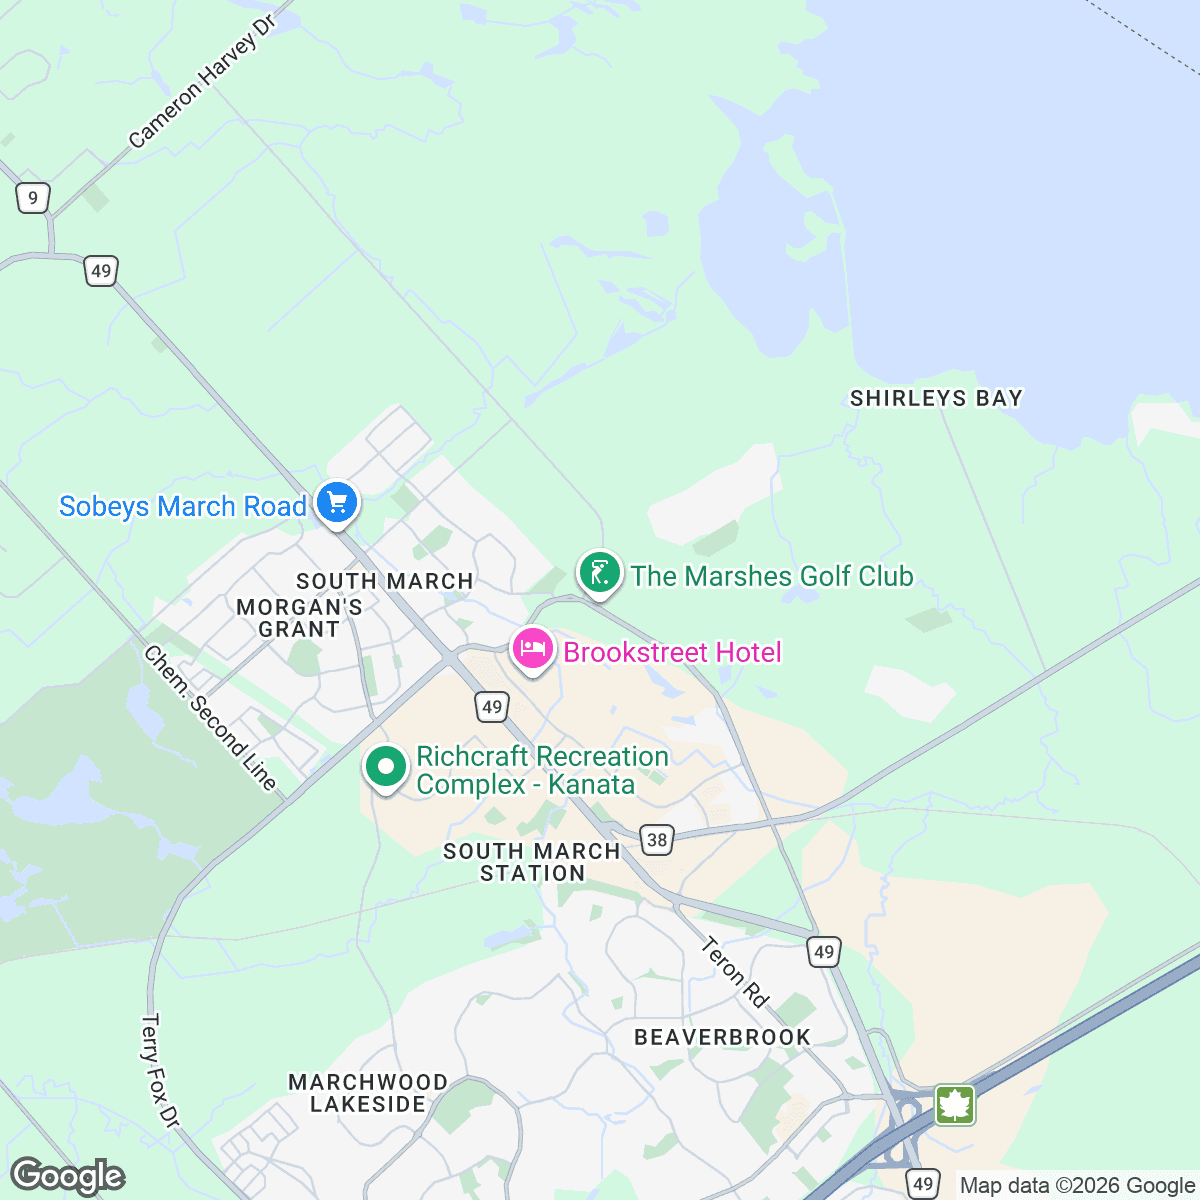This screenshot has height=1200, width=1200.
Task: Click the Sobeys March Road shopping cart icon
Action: (337, 501)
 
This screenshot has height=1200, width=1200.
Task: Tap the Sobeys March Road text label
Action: (183, 507)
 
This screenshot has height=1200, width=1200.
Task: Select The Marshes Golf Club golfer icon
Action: (599, 573)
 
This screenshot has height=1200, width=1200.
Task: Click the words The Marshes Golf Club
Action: (772, 576)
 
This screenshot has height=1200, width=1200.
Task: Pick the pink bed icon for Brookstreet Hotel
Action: (533, 649)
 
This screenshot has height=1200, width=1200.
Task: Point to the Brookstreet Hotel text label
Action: (672, 653)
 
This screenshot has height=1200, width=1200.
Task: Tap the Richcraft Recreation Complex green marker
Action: (386, 767)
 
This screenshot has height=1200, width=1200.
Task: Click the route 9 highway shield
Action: (33, 198)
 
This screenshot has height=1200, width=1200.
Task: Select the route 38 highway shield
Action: (657, 840)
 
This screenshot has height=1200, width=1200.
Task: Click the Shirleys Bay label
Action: (936, 398)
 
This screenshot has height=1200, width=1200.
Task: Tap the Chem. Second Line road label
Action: (210, 717)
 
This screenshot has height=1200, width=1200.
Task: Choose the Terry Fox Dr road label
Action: (159, 1071)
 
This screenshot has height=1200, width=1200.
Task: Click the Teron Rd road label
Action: (735, 971)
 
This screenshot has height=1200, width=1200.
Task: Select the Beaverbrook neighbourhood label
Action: (722, 1037)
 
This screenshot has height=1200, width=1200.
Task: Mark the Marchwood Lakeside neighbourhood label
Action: (368, 1093)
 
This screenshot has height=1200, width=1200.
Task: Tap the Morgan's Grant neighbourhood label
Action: (299, 618)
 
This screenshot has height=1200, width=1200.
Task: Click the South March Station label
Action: (532, 862)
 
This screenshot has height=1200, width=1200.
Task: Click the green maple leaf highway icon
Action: (955, 1105)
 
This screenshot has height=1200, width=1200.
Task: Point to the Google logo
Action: (68, 1176)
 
